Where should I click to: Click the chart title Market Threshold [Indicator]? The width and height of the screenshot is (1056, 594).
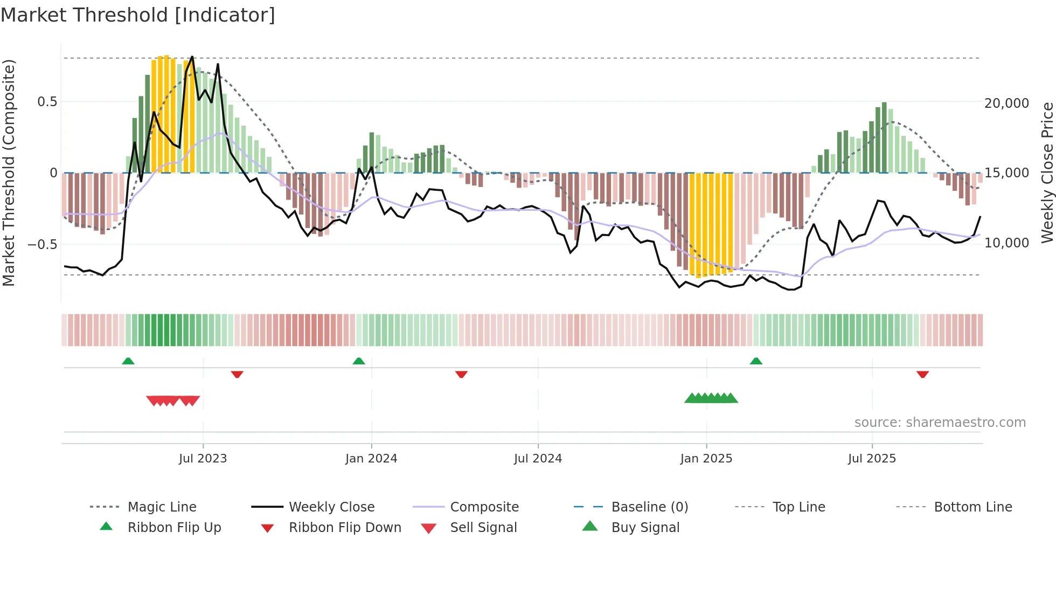[x=138, y=15]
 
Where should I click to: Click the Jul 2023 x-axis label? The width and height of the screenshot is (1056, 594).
[x=203, y=459]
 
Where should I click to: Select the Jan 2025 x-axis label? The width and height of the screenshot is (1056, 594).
[x=706, y=459]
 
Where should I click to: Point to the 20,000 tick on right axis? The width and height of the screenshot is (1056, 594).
[x=1006, y=103]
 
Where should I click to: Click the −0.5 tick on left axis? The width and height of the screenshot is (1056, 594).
[x=42, y=245]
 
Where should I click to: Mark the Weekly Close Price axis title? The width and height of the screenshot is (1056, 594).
[x=1047, y=172]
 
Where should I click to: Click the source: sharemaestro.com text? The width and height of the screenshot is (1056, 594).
[x=940, y=423]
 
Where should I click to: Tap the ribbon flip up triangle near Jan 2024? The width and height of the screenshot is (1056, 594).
[x=359, y=361]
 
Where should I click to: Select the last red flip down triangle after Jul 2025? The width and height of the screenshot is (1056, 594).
[x=922, y=374]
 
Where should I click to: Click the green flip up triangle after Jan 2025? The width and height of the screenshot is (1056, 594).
[x=756, y=361]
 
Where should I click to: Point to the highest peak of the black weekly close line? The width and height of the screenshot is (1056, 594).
[x=192, y=57]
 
